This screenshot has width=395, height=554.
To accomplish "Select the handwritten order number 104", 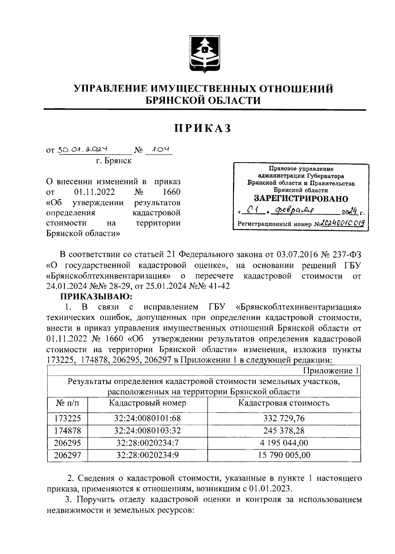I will point(159,150).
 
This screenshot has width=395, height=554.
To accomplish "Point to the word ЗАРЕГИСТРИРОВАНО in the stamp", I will point(301,199).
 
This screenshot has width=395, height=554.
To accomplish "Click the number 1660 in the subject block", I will point(171,192).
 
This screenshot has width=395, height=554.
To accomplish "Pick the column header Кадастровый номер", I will point(147,403).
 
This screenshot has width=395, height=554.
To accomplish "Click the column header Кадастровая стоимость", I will point(284,403).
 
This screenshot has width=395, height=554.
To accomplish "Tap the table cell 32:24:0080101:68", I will point(147,418).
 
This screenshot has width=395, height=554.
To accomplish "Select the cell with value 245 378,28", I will point(284,431).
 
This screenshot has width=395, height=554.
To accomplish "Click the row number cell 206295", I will point(68,443).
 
